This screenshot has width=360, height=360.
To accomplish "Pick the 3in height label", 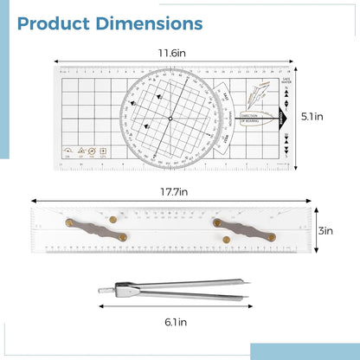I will point(325,231).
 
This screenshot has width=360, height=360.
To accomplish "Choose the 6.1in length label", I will point(174,322).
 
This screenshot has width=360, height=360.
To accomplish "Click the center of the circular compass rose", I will point(170,119).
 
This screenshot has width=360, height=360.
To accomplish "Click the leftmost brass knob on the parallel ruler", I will point(67,223).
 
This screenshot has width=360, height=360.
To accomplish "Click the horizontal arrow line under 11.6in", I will point(171,61).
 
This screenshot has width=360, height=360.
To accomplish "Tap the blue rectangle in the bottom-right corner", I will point(305,351).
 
